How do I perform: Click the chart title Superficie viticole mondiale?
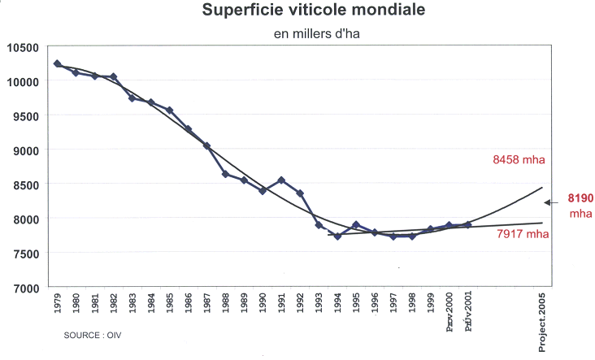coord(298,12)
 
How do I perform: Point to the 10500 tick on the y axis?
coord(24,47)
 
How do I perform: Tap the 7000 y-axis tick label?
coord(26,288)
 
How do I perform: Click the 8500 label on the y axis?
coord(26,185)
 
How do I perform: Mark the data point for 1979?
coord(57,63)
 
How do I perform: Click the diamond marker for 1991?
coord(281,180)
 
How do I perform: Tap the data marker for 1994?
coord(337,236)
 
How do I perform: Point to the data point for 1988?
coord(225,174)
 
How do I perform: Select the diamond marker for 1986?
coord(188,129)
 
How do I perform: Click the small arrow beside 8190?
coord(551,202)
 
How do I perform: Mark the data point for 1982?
coord(113,77)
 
